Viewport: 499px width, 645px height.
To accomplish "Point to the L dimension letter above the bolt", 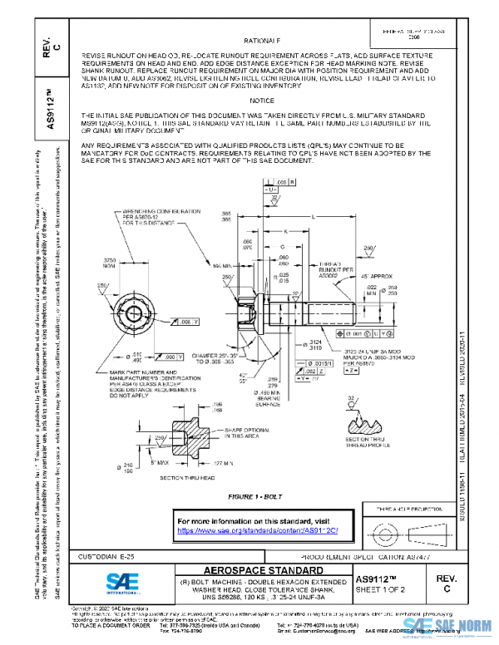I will [x=312, y=215].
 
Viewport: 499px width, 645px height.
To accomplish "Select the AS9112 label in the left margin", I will [x=51, y=106].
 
